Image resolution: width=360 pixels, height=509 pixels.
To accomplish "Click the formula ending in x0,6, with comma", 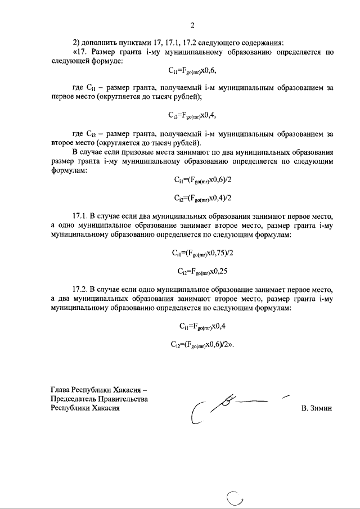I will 192,71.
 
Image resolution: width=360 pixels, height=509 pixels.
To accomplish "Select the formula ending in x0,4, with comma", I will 192,115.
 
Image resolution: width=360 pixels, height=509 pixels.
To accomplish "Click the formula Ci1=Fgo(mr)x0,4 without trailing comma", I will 192,326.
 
